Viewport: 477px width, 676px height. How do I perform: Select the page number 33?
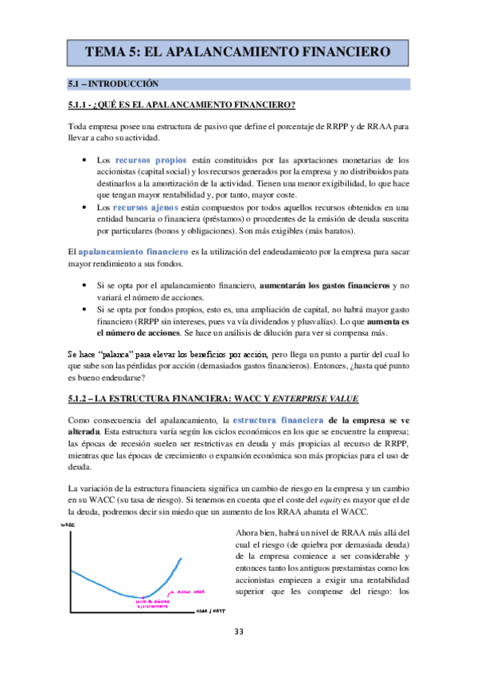pos(238,633)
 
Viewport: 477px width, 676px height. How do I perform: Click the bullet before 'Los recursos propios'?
pos(85,160)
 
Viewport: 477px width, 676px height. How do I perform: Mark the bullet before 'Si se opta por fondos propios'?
pos(85,307)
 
